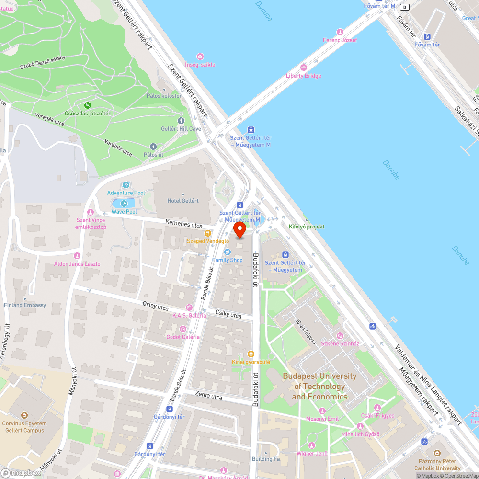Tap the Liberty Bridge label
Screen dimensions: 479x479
303,76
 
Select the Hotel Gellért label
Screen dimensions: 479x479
183,201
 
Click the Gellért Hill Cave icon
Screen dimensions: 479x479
181,121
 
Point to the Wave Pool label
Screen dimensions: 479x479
124,211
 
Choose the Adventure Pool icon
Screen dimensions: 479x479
126,185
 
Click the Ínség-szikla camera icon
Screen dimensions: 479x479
200,57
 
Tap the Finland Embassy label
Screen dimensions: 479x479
25,305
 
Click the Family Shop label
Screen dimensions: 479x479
228,260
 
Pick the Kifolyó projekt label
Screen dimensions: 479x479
307,227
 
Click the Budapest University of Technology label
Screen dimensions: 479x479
319,386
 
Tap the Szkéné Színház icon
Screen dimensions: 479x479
340,336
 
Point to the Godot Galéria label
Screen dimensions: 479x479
182,337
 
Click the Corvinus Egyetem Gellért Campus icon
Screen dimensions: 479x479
25,415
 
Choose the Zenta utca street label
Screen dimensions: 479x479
209,396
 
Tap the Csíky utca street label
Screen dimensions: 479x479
228,315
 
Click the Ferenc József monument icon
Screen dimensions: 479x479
340,32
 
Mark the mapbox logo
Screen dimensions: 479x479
22,473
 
